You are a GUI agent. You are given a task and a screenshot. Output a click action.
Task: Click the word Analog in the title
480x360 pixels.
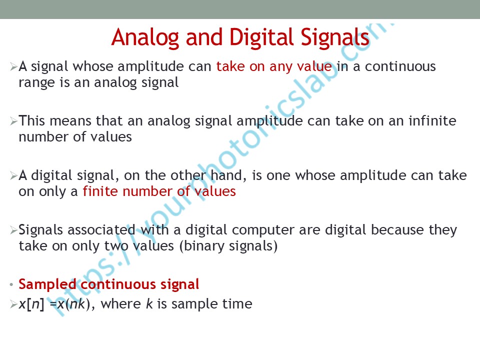coord(145,38)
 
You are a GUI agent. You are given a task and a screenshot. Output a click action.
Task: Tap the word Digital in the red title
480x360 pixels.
coord(261,37)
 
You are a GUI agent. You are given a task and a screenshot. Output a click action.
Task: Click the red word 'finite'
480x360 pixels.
coord(100,191)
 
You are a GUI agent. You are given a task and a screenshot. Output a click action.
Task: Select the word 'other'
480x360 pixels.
coord(188,175)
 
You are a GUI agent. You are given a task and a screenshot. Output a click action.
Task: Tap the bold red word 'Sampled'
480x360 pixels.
coord(47,285)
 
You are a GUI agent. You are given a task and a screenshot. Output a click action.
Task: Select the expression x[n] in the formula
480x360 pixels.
coord(31,304)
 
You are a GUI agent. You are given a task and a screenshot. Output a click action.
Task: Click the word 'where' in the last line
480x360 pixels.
coord(121,304)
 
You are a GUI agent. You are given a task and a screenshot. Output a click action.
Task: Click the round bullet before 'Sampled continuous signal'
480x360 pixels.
coord(11,285)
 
